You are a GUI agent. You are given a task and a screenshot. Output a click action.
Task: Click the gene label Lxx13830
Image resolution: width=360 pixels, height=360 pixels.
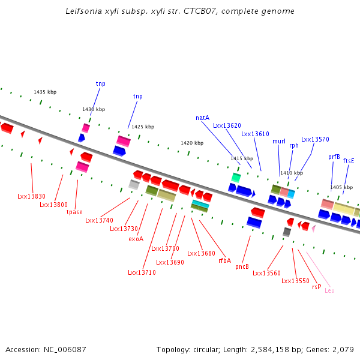tap(31, 196)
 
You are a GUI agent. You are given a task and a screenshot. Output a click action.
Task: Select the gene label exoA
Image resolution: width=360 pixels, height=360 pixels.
tap(136, 238)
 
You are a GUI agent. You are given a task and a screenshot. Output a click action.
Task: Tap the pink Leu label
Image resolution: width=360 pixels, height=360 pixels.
tap(329, 290)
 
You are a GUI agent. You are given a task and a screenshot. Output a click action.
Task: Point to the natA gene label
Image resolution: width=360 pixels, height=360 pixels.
tap(202, 118)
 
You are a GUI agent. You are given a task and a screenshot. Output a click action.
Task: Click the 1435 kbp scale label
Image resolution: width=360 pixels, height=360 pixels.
tap(45, 92)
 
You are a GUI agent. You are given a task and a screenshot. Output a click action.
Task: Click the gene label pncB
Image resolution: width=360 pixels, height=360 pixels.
tap(242, 266)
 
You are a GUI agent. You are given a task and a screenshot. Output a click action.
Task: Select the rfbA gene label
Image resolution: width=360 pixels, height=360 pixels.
tap(225, 260)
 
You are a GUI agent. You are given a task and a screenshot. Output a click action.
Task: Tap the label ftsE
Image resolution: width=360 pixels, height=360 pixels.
tap(349, 160)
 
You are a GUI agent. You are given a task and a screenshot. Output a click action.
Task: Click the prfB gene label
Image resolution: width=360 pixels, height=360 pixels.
tap(334, 157)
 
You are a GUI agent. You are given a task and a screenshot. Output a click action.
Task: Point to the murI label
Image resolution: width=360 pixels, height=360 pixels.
tap(279, 141)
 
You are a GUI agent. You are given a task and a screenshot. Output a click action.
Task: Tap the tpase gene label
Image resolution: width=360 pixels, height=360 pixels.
tap(74, 212)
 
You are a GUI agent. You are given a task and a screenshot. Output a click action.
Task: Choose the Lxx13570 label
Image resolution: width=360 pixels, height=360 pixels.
tap(315, 139)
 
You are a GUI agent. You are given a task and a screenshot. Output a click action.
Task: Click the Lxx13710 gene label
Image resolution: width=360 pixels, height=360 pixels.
tap(142, 272)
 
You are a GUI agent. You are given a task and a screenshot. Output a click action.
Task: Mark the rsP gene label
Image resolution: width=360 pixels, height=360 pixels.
tap(316, 287)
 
